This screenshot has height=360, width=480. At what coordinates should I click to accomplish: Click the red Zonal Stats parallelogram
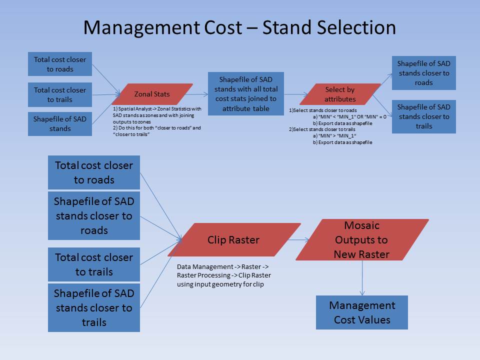[152, 94]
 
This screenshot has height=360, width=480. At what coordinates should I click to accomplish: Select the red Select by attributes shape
[340, 94]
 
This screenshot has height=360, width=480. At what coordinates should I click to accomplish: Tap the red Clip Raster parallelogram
[234, 239]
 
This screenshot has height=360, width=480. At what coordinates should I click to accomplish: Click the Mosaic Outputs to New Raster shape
[362, 239]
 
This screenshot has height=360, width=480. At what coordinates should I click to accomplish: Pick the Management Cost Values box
[362, 312]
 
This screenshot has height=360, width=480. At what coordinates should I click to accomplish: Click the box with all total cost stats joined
[246, 93]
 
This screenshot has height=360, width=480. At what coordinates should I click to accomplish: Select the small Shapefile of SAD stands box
[60, 124]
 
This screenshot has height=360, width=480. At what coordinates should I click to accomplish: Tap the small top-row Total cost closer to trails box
[60, 94]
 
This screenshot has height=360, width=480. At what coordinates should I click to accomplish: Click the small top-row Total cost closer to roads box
[60, 64]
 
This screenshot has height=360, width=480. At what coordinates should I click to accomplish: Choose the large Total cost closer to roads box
[94, 172]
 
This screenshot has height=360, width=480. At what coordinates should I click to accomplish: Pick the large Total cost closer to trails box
[94, 264]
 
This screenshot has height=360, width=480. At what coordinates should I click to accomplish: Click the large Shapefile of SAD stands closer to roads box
[94, 216]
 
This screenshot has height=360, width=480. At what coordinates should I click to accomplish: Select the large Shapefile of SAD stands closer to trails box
[94, 307]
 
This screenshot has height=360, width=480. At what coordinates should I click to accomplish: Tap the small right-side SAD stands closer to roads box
[424, 73]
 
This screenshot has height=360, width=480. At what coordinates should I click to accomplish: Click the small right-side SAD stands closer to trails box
[424, 116]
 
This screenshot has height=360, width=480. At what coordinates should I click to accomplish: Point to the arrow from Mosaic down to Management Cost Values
[362, 278]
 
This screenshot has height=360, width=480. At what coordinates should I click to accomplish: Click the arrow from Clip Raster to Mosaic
[298, 239]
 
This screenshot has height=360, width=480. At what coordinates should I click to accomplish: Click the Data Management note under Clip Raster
[224, 275]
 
